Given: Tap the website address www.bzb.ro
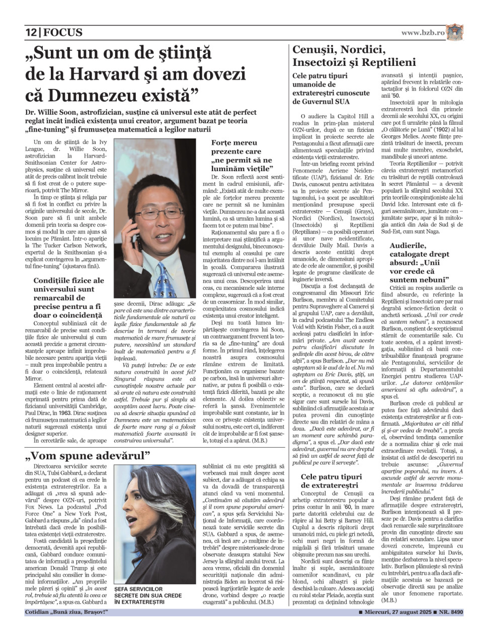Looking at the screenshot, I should pyautogui.click(x=423, y=33).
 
